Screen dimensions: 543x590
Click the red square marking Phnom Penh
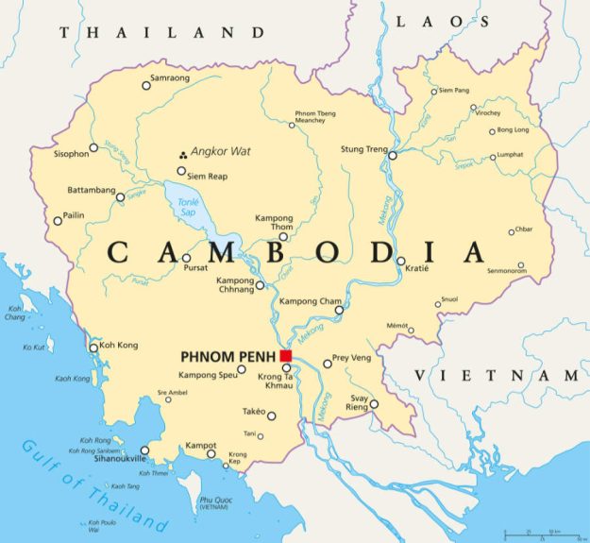point(286,356)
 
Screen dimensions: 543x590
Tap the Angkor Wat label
point(218,152)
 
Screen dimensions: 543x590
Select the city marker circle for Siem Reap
point(181,171)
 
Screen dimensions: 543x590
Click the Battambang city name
point(90,190)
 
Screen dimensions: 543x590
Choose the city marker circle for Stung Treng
point(394,154)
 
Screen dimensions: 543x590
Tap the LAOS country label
point(430,21)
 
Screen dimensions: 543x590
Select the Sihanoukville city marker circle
point(144,451)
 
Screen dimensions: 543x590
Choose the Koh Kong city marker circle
point(93,348)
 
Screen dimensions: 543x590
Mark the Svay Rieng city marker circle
point(374,404)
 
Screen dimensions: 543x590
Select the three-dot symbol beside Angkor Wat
point(182,153)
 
